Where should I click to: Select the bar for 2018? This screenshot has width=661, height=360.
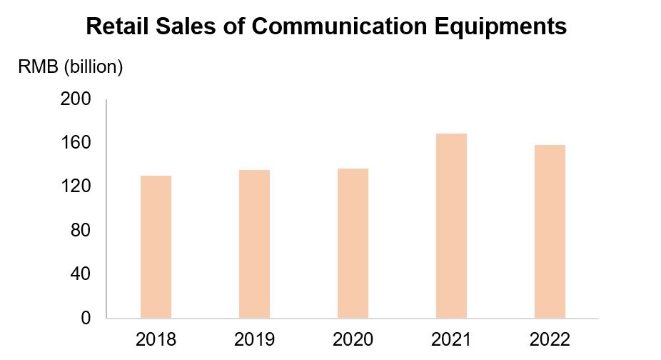point(156,246)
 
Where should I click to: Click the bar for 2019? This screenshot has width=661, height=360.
point(254,244)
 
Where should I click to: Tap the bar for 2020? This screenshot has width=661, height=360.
point(353,243)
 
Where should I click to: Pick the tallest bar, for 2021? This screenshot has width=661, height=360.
point(451,226)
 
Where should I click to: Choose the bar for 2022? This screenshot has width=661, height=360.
point(550,231)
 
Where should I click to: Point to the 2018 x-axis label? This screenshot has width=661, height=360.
point(156,338)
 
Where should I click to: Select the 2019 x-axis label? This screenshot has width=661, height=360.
point(254,338)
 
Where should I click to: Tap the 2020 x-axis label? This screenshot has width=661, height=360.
point(353,338)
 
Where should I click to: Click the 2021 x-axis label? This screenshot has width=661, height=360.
point(451,338)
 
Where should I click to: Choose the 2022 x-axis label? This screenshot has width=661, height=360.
point(550,338)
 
